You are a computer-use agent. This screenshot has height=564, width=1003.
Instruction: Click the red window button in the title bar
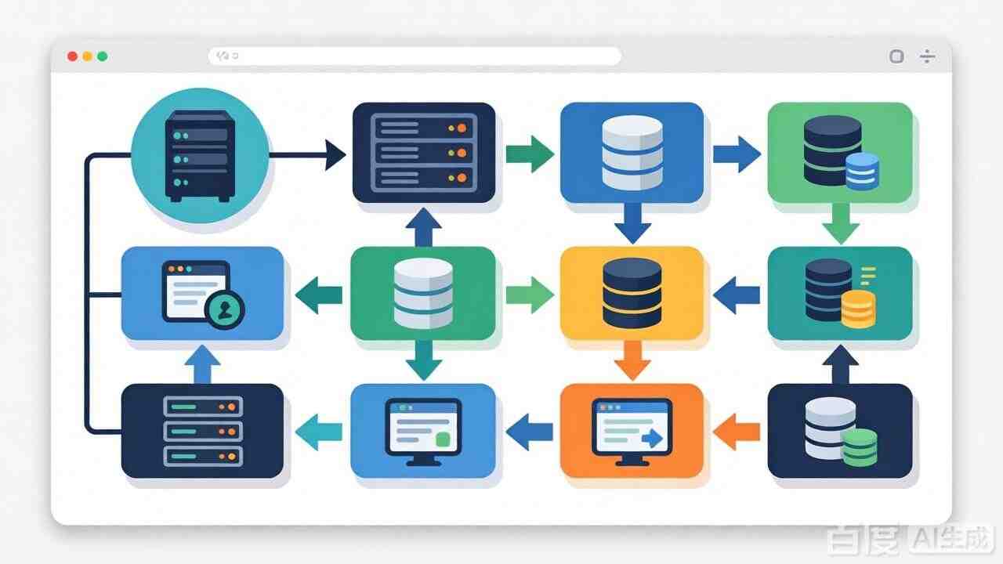pos(72,56)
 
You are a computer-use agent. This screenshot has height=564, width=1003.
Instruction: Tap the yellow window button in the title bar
pos(87,56)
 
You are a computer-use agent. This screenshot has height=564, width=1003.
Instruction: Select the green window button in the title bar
pos(103,56)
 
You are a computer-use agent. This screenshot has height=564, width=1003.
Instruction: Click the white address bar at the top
pos(415,56)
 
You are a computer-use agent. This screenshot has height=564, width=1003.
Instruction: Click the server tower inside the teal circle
pos(200,156)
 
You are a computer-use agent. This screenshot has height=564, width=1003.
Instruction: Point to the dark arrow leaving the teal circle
pos(307,155)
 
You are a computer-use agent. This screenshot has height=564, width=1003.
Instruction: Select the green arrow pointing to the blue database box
pos(530,154)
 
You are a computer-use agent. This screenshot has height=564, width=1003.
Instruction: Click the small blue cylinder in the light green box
pos(863,172)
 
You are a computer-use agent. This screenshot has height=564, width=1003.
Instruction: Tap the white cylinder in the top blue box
pos(632,153)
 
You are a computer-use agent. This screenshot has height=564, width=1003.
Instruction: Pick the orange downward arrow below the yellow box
pos(632,360)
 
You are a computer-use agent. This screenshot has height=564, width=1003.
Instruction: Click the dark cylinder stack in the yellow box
pos(632,293)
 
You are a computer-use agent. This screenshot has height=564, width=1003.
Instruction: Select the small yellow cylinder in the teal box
pos(858,309)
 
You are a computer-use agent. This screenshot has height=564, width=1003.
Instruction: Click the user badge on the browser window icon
pos(224,309)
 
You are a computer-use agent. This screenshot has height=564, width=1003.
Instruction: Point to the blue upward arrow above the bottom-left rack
pos(202,364)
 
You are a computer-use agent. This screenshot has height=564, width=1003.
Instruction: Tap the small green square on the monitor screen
pos(443,439)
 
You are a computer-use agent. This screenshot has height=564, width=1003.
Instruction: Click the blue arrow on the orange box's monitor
pos(652,438)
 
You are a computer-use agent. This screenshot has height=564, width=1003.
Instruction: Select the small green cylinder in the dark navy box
pos(860,447)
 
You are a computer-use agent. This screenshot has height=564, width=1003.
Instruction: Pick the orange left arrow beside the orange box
pos(736,432)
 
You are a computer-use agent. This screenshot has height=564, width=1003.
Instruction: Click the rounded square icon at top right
pos(896,56)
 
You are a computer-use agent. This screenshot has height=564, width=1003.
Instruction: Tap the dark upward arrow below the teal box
pos(841,364)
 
